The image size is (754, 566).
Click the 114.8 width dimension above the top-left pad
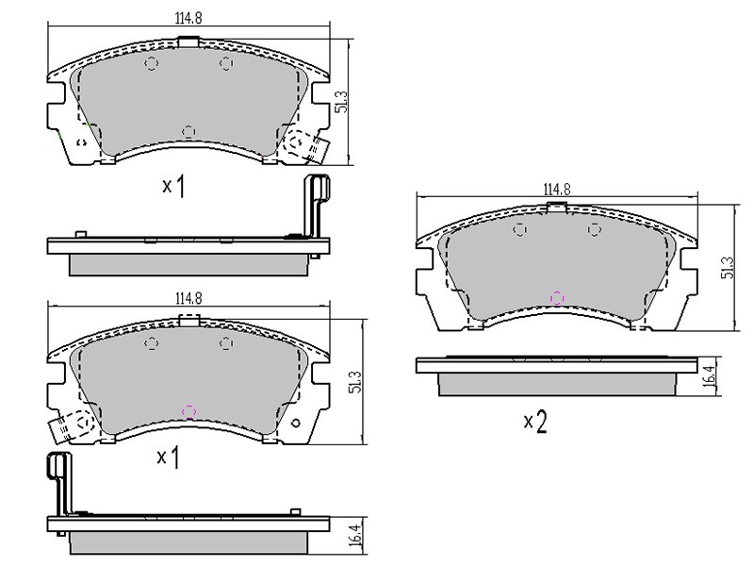(188, 18)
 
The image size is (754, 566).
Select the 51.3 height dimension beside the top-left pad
(341, 102)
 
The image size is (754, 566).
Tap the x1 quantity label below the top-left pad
(173, 186)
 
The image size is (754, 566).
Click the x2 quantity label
(535, 422)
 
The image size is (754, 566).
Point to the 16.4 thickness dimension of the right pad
(711, 376)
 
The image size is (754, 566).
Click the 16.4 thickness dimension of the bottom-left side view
(356, 535)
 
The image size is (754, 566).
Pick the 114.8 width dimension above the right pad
(557, 190)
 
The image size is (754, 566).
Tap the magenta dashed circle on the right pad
(557, 298)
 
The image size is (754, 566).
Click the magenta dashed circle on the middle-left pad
(189, 411)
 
